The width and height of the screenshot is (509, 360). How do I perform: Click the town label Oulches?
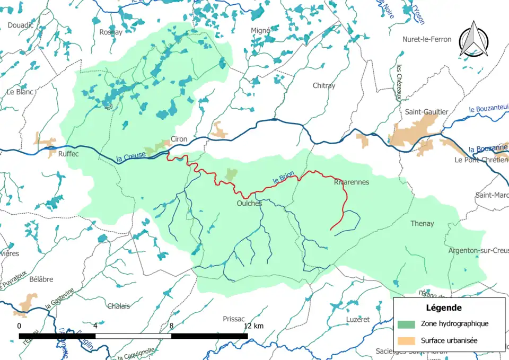coord(249,203)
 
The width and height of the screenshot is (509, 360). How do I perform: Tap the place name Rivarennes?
coord(352,182)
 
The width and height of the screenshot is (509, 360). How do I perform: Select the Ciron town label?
coord(179,139)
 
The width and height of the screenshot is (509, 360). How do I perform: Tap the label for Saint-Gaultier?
coord(426,112)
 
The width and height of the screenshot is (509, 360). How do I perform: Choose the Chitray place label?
coord(324,85)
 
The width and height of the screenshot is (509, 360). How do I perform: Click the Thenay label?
coord(422,224)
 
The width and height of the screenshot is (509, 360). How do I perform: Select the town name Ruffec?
coord(68,154)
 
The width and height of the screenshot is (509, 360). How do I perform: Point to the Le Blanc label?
coord(20,92)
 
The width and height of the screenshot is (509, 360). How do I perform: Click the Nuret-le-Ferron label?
coord(427,39)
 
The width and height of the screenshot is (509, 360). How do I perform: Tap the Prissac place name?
coord(234,319)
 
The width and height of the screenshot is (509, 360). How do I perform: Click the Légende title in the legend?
coord(444,308)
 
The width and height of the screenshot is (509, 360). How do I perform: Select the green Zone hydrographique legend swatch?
coord(406,324)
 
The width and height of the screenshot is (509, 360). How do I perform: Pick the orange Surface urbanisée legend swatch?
coord(406,340)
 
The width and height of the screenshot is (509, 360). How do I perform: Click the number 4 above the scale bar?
coord(95,326)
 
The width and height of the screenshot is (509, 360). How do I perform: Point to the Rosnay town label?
coord(111,32)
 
